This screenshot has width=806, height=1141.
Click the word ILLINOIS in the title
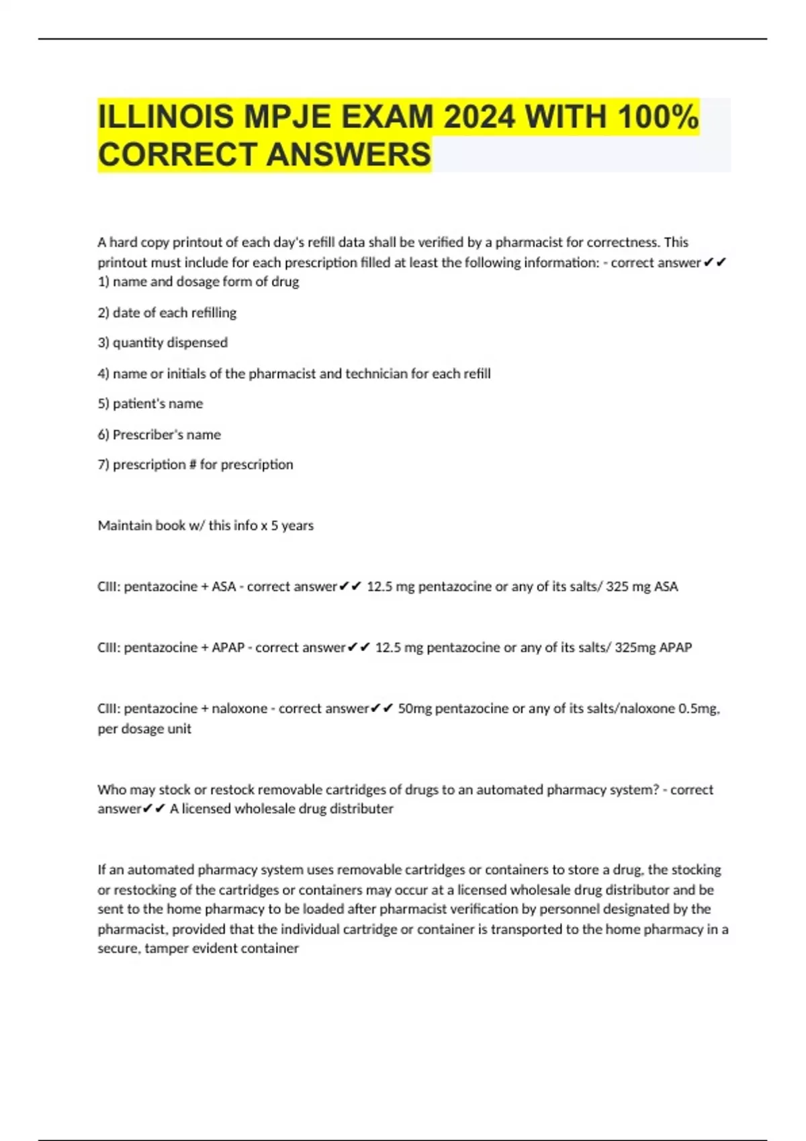166,117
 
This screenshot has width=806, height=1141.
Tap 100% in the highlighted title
658,117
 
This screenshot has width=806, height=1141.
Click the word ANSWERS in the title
349,155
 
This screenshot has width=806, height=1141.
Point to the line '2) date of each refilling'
167,313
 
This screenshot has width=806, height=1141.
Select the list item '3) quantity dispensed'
163,342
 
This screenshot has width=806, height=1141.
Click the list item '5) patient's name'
150,403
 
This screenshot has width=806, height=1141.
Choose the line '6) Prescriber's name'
159,434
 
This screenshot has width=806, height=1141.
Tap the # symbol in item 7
193,464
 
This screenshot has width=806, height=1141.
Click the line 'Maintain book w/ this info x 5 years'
206,526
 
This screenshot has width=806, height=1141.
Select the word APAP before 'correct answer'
228,648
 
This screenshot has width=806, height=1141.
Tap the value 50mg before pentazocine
414,709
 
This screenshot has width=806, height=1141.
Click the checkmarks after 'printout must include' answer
715,262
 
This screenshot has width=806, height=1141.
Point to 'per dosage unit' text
144,729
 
